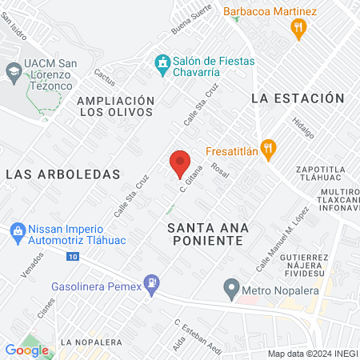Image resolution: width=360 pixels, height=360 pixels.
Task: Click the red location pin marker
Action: point(180,163)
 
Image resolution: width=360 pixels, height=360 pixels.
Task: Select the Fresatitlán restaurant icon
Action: point(269,148)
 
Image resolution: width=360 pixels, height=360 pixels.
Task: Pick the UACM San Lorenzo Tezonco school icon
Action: point(14,71)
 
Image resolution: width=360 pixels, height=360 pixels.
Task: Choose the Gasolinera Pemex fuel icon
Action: point(151,284)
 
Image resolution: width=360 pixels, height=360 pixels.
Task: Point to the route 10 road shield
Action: point(73,257)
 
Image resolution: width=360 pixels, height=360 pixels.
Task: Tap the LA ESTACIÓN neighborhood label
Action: point(298,98)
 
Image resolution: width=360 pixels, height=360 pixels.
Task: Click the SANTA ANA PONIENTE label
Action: point(210,234)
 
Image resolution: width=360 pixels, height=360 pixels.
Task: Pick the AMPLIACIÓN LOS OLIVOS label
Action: point(115,106)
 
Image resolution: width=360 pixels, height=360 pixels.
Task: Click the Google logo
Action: point(27,350)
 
